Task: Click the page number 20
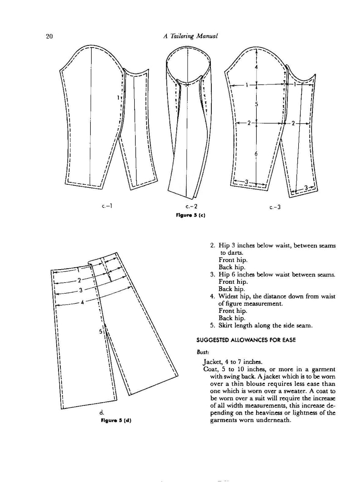point(50,37)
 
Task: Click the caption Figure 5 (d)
point(116,420)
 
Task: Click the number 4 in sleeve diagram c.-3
point(256,67)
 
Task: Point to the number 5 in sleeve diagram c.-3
point(256,104)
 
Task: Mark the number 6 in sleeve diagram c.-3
point(256,154)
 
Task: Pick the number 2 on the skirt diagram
point(79,280)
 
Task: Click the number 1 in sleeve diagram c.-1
point(117,98)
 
